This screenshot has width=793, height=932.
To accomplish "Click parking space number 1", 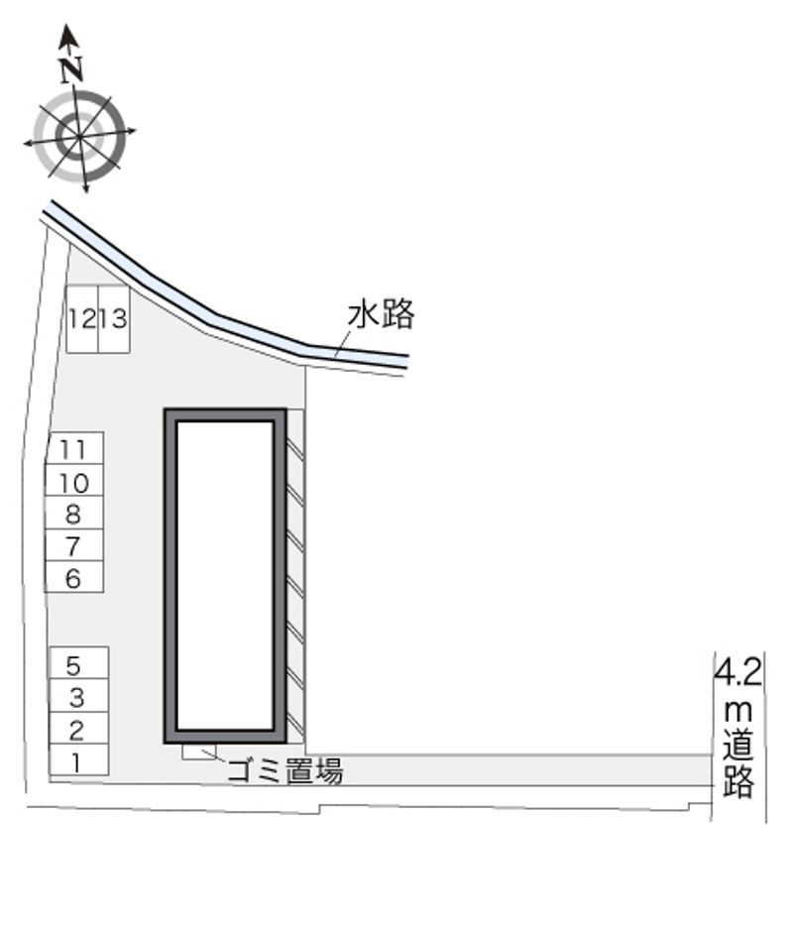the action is point(78,759).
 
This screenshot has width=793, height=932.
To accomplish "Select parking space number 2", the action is point(78,728).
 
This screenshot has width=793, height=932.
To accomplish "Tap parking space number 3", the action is point(78,695).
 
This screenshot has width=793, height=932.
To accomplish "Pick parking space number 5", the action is point(78,662).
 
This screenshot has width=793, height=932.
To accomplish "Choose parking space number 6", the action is point(74,577).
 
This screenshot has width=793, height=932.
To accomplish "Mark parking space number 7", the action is point(74,545).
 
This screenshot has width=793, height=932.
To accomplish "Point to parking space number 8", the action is point(74,513).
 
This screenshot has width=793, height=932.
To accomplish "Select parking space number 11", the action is point(74,448).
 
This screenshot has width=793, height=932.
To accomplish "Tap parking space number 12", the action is point(82,320).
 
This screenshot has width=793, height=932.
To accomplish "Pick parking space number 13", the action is point(114,320).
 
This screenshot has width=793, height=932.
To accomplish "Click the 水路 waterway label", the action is point(381,314).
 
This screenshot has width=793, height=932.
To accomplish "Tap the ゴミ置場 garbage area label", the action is point(285,770).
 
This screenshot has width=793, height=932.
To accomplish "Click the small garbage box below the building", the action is point(199,752).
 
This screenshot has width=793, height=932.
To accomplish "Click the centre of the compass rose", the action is point(79,137).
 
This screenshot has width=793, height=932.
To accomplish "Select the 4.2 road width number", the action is point(737,672).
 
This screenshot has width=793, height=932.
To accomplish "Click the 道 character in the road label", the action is point(738,744).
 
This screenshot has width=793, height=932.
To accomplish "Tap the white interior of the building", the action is point(225,575).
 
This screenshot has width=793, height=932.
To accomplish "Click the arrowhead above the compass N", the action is point(69,37).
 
